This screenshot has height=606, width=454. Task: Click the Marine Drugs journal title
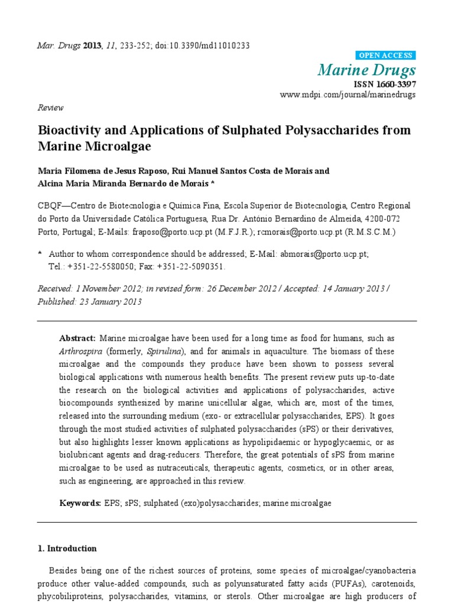tap(367, 71)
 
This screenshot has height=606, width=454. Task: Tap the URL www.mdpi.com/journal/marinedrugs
tap(347, 95)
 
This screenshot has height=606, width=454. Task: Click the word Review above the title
tap(50, 108)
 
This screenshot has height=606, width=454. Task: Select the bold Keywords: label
tap(80, 503)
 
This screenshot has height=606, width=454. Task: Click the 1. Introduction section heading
tap(67, 549)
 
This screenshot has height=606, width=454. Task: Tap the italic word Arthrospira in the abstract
tap(79, 352)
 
